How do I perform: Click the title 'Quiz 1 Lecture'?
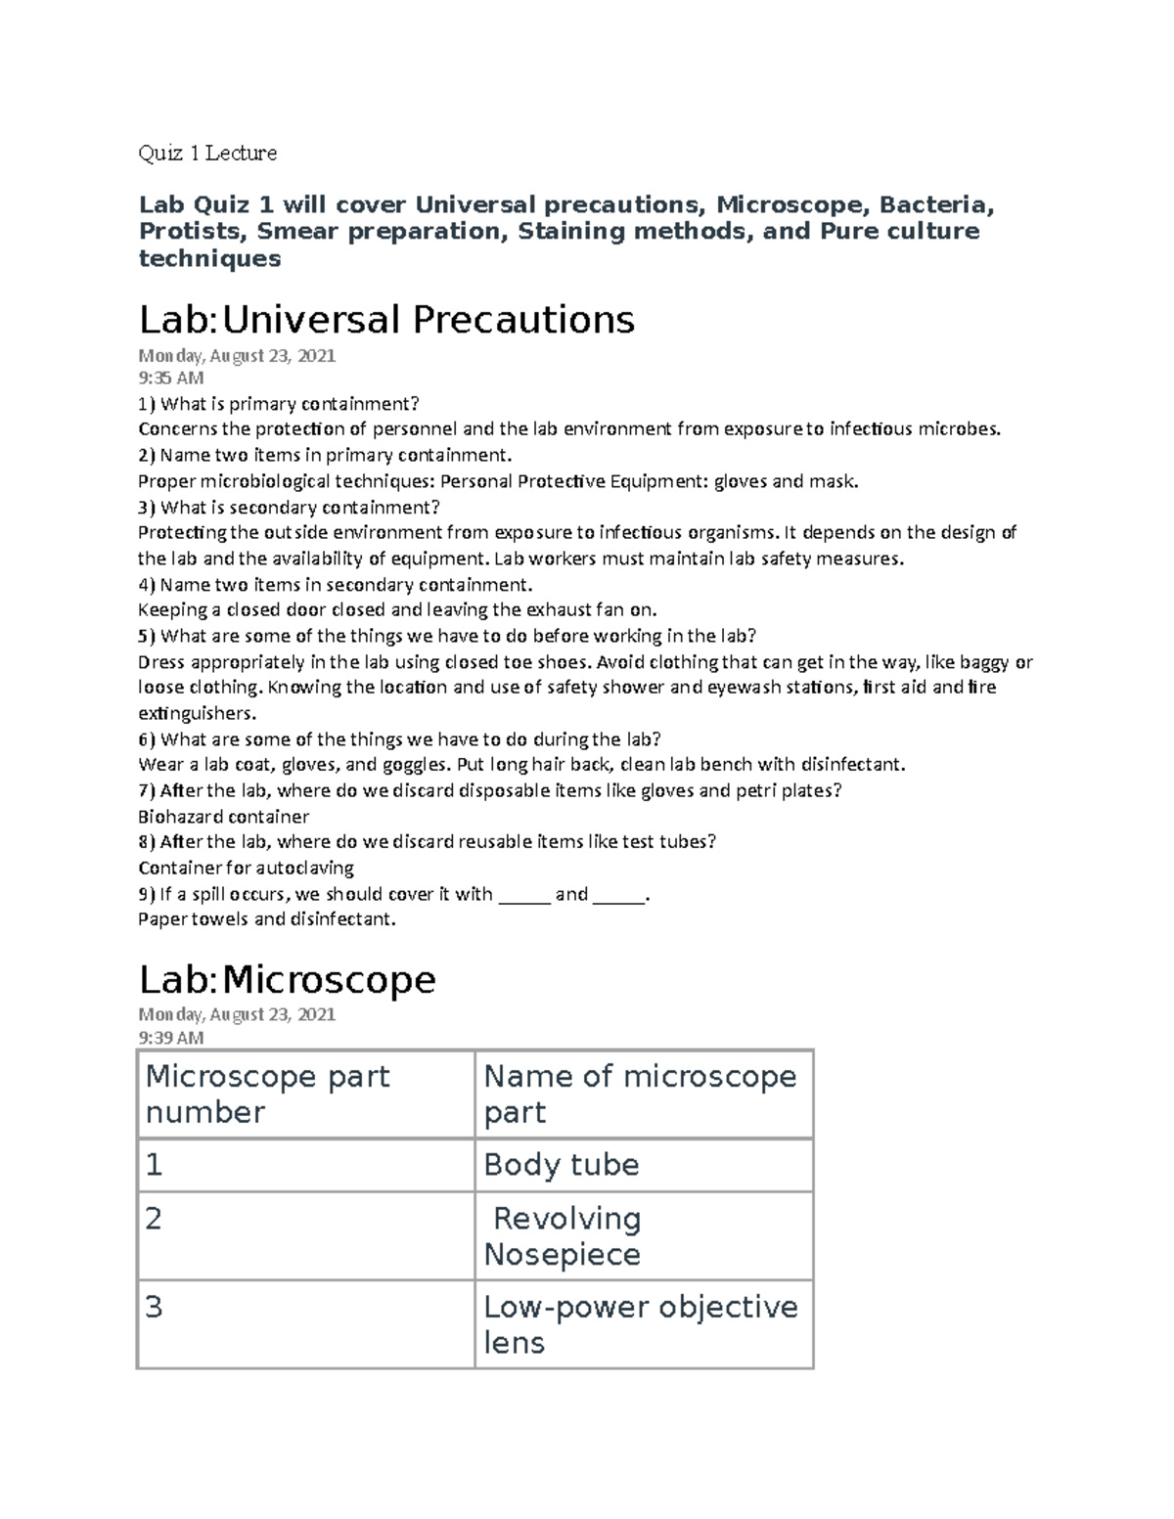coord(207,153)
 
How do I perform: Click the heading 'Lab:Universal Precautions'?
coord(386,319)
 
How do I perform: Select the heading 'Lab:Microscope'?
coord(287,978)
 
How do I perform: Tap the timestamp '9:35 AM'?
coord(171,379)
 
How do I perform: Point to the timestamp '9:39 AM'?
coord(171,1037)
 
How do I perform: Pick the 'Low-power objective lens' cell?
coord(641,1323)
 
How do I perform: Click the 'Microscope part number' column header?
coord(267,1094)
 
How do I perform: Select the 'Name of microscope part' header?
coord(641,1094)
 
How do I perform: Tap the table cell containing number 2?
coord(154,1219)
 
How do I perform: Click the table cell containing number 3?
coord(154,1308)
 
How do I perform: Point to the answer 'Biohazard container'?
coord(223,817)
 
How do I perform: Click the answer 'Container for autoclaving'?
coord(246,868)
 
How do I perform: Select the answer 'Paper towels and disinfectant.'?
coord(267,919)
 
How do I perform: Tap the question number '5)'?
coord(147,636)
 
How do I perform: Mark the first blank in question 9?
coord(524,895)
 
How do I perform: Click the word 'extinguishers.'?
coord(197,713)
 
